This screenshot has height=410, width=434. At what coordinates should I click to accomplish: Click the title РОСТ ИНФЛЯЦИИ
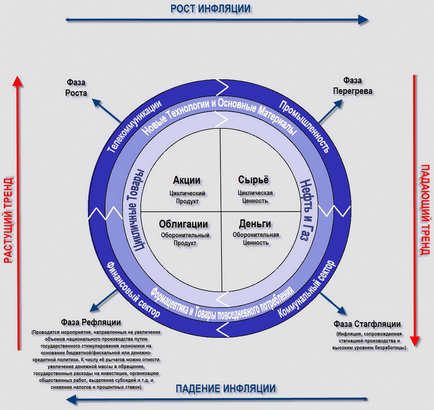click(210, 9)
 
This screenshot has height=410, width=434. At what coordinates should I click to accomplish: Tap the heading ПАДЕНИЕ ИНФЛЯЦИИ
click(225, 389)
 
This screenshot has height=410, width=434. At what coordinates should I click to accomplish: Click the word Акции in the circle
click(187, 180)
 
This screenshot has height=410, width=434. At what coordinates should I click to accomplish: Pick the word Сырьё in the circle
click(253, 180)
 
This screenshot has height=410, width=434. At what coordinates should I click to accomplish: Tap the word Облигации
click(183, 224)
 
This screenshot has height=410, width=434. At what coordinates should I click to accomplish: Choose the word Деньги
click(255, 223)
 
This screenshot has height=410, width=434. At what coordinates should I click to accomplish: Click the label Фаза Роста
click(76, 88)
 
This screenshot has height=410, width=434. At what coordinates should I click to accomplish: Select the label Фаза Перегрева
click(353, 86)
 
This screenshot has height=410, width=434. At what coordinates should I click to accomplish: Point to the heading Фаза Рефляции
click(91, 322)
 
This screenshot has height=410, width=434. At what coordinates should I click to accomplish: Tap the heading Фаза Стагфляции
click(367, 324)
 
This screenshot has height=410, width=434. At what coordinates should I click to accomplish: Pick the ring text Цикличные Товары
click(136, 210)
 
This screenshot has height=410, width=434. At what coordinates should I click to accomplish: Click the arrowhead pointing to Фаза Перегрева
click(338, 104)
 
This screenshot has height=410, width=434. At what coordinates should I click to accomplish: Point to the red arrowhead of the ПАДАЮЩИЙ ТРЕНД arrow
click(415, 341)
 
